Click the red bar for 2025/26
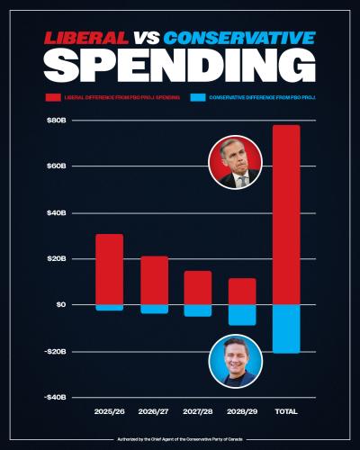109,269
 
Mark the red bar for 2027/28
198,288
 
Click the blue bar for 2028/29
242,314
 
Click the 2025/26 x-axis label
109,411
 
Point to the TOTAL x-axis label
286,411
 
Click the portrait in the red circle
235,163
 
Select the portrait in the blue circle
235,361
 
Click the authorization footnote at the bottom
180,439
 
